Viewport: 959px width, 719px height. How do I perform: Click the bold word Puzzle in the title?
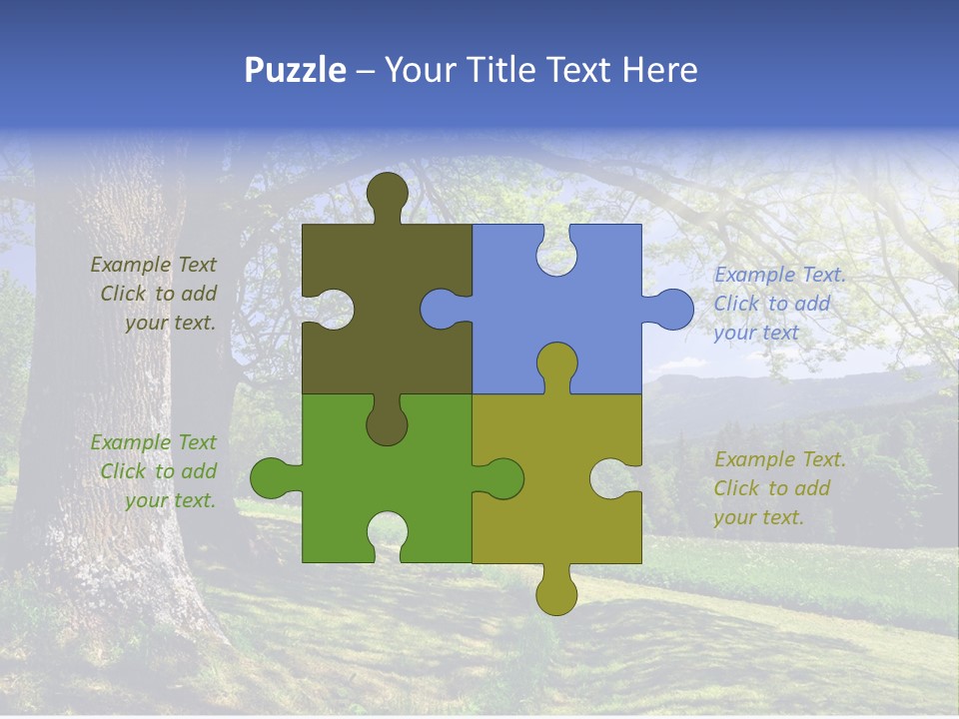(x=295, y=70)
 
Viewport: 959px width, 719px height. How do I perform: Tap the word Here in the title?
(x=659, y=70)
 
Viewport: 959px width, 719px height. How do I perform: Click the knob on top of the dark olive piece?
(x=388, y=193)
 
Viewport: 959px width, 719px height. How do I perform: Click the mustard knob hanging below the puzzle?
(x=556, y=593)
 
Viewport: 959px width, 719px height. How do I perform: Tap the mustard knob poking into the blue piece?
(x=556, y=363)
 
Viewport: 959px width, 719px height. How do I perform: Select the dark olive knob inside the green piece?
(x=387, y=423)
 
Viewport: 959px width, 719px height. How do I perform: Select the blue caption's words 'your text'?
(x=756, y=333)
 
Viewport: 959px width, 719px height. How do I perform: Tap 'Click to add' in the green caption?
(x=159, y=471)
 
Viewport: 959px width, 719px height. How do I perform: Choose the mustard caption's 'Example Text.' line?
(x=780, y=459)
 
